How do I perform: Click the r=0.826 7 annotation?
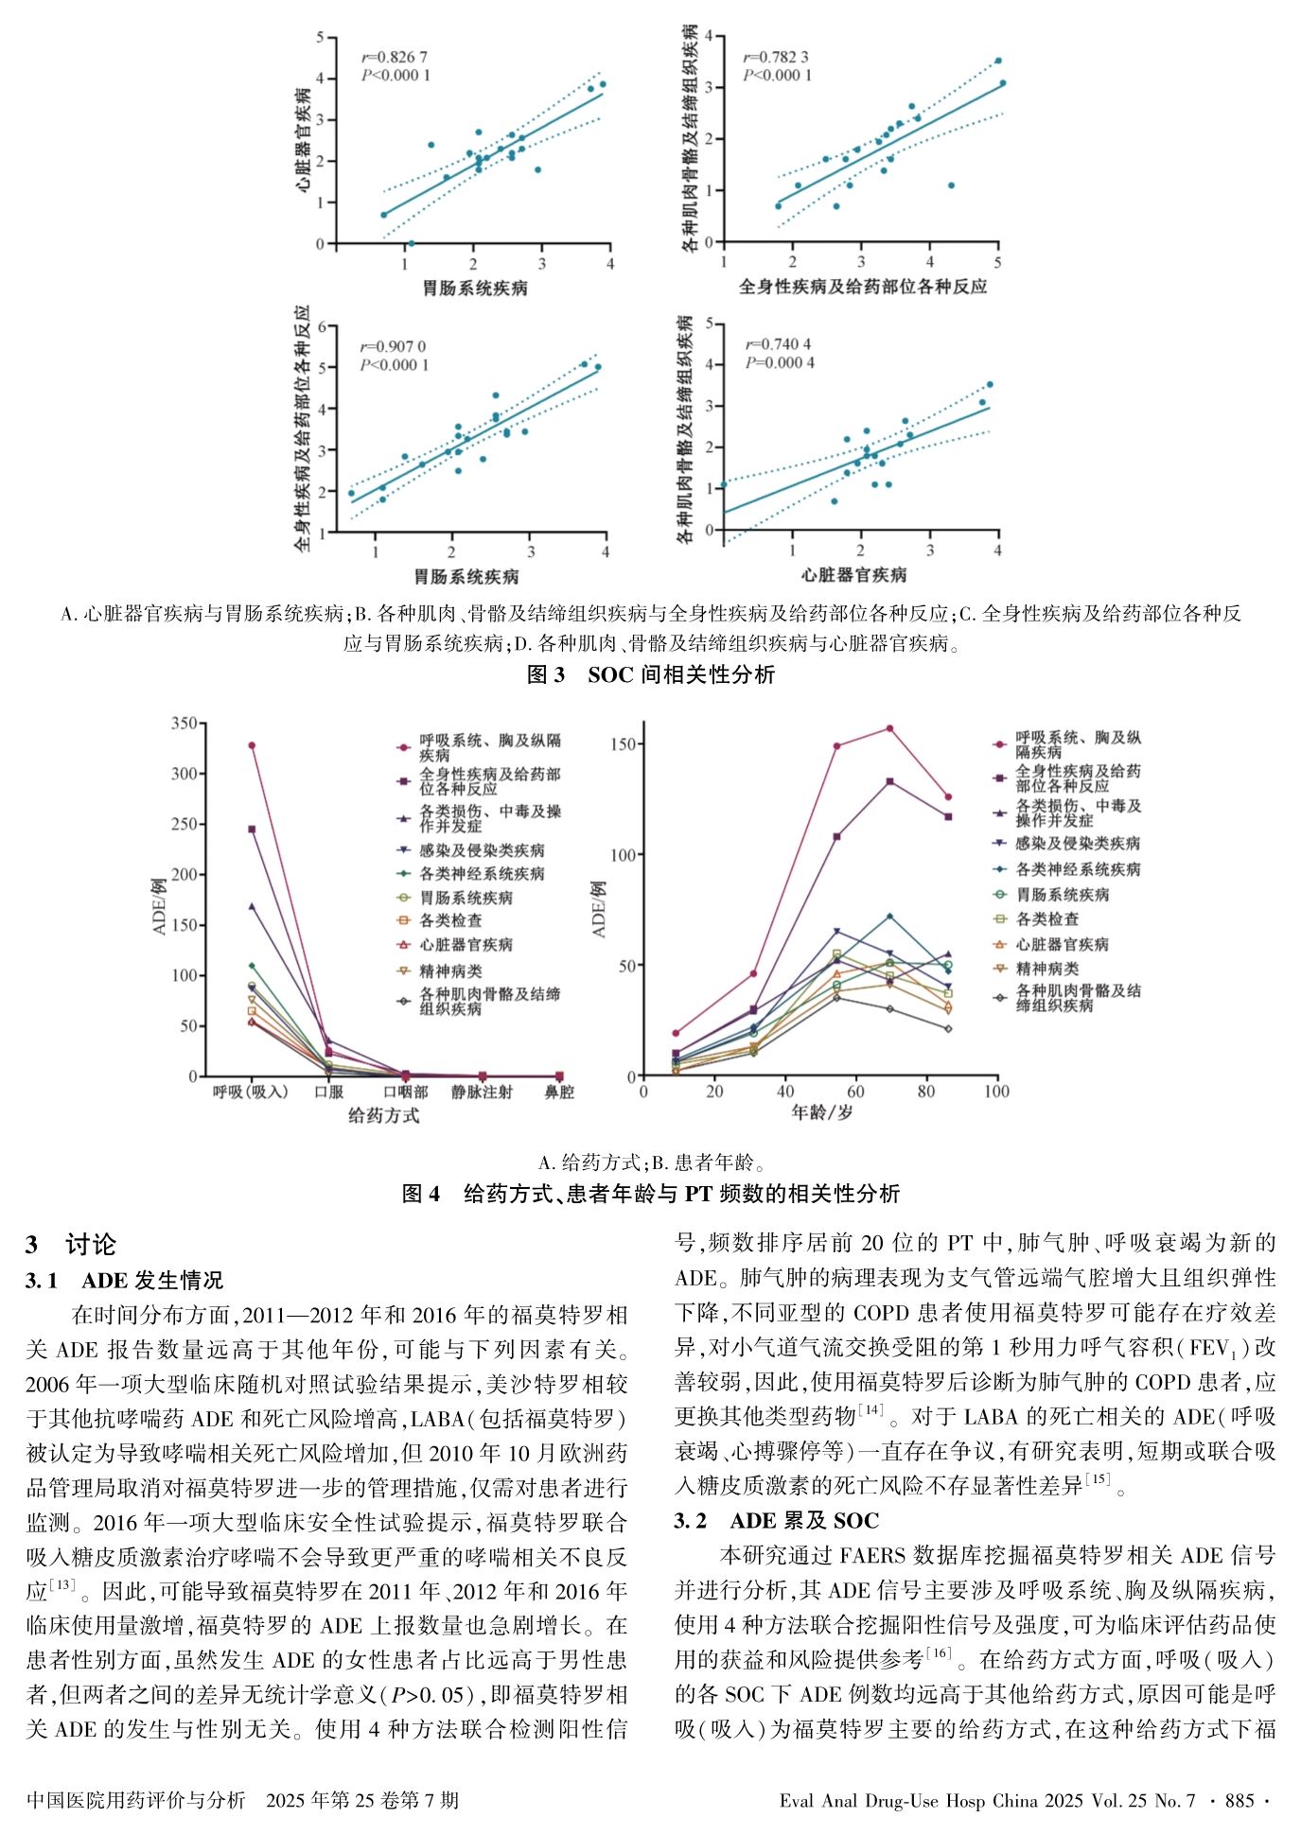tap(395, 57)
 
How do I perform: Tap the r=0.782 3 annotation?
tap(776, 57)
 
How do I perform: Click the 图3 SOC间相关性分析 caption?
tap(650, 674)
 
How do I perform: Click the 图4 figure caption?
tap(650, 1194)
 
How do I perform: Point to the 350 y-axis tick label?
tap(184, 724)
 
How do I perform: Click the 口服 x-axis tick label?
tap(328, 1092)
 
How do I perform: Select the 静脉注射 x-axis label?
tap(482, 1092)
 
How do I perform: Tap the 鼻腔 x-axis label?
tap(559, 1092)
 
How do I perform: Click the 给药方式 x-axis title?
tap(383, 1116)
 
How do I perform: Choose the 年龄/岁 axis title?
tap(821, 1113)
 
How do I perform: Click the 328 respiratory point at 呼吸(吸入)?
tap(252, 745)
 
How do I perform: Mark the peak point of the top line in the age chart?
tap(889, 728)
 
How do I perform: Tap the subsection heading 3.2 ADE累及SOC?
tap(776, 1521)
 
